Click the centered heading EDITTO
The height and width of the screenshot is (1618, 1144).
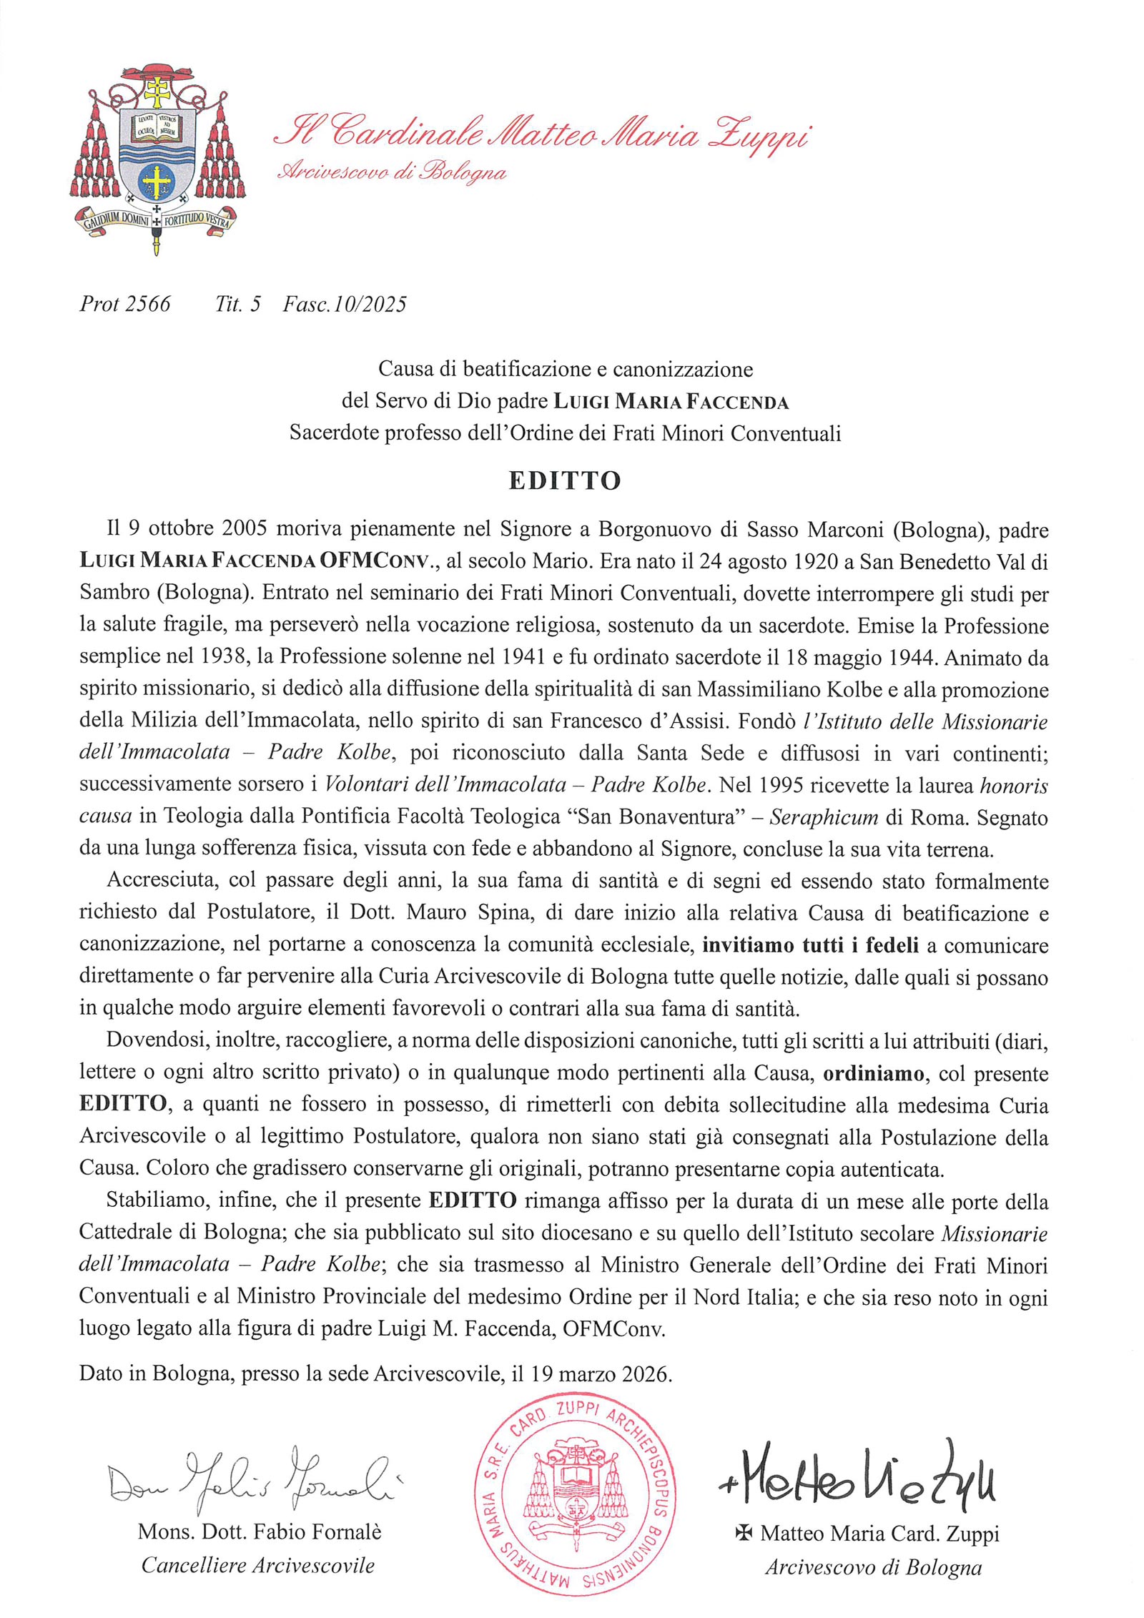[564, 480]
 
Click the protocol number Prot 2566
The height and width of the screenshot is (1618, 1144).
[125, 305]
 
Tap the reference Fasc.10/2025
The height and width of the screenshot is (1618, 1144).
[345, 305]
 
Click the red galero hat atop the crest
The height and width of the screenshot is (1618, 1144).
[158, 71]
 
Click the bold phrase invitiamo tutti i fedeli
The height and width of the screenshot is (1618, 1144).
[812, 945]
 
